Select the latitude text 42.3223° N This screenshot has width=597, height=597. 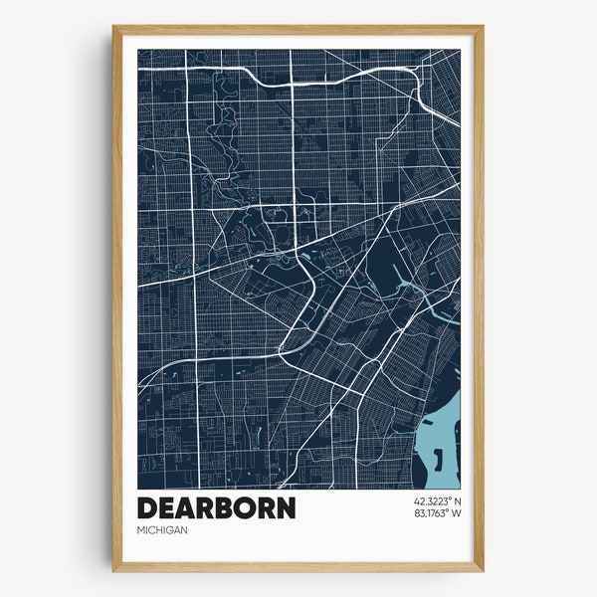pos(431,499)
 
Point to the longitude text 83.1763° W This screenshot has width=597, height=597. pos(431,513)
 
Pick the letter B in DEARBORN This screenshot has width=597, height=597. pos(224,507)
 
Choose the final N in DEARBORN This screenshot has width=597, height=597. pos(286,507)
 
